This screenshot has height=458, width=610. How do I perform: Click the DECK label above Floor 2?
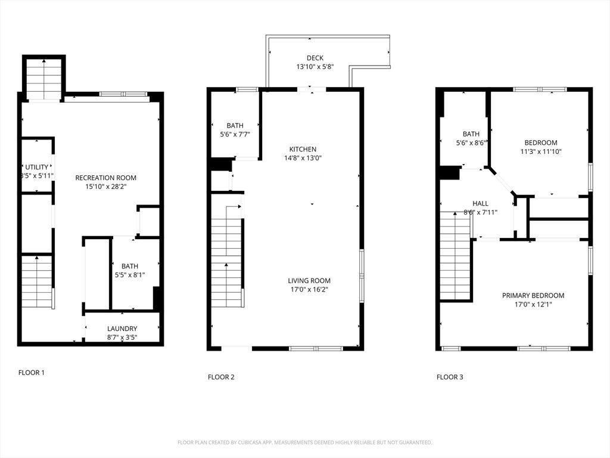pos(315,58)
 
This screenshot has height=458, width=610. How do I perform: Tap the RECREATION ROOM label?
pos(105,178)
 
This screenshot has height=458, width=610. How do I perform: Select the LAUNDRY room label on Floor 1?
pos(122,329)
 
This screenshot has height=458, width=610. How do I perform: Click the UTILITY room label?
pos(36,167)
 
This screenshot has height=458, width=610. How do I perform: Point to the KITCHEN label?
pos(303,149)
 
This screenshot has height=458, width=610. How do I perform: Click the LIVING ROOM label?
pos(309,281)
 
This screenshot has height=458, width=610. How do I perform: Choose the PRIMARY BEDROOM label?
pos(533,296)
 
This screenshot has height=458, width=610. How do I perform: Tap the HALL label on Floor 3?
pos(480,203)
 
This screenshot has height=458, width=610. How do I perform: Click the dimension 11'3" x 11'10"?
pos(540,151)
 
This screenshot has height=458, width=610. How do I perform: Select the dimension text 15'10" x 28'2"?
pos(105,187)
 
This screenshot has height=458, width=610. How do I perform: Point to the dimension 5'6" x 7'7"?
pos(235,134)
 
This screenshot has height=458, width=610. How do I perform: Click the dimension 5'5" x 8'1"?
pos(129,276)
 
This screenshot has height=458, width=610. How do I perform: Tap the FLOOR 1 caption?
pos(31,373)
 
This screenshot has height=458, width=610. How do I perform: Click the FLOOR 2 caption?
pos(221,377)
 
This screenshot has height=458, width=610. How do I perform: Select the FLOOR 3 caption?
pos(450,377)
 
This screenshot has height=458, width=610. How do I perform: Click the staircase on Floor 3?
pos(455,256)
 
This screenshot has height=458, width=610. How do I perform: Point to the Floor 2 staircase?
pos(227,262)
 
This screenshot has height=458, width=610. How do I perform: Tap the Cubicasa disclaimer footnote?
pos(304,442)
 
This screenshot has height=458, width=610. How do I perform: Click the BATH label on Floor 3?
pos(471,134)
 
